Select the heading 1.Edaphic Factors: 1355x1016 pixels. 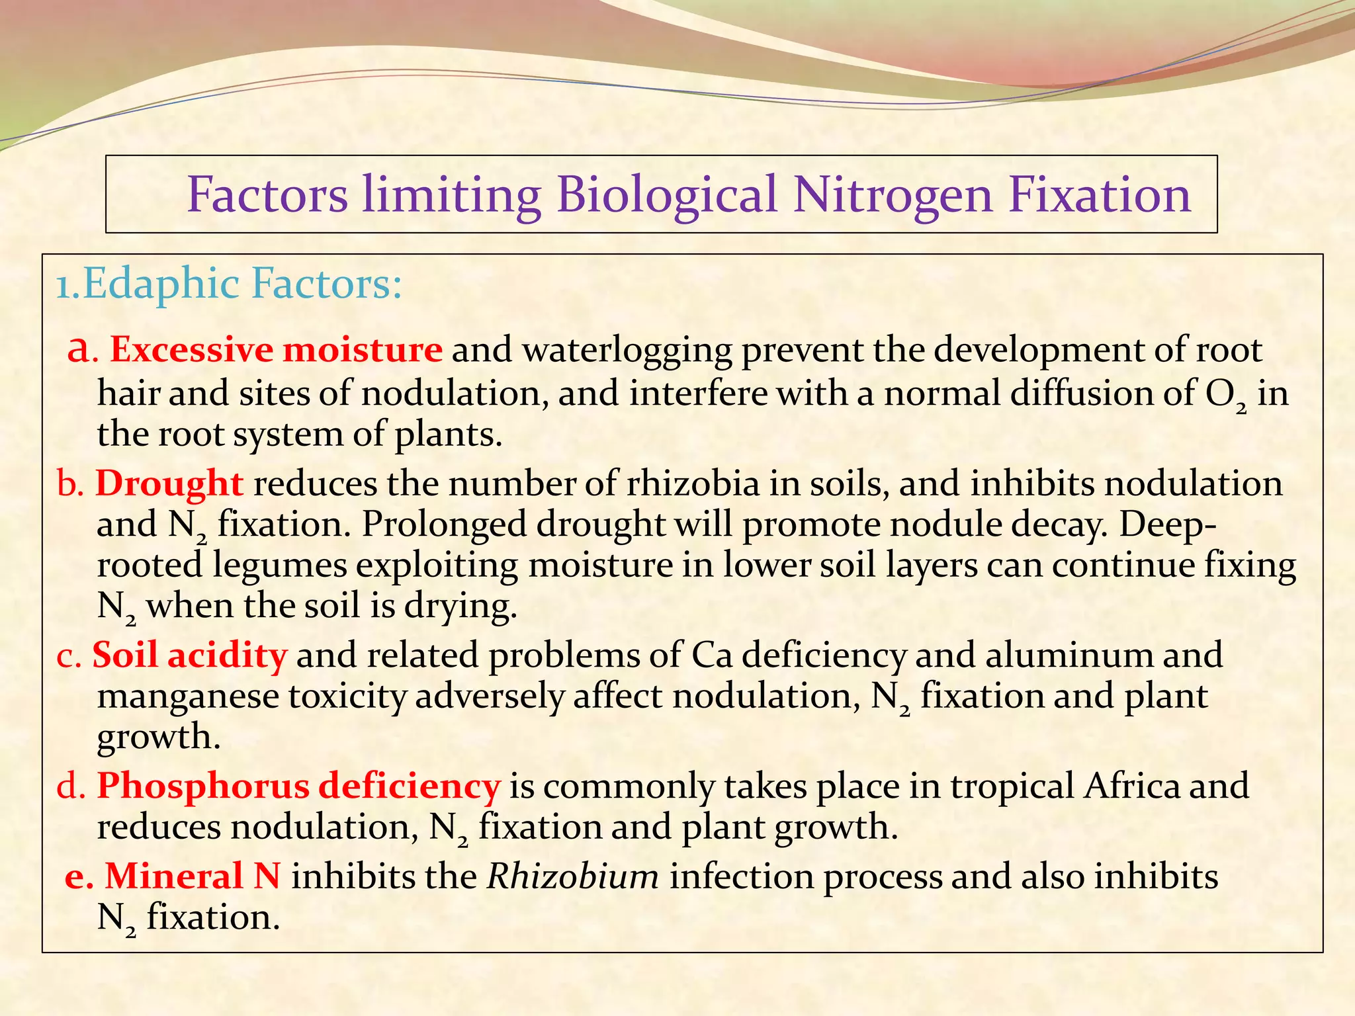coord(229,284)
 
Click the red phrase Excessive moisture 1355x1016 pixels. coord(276,349)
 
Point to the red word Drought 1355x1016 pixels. coord(169,483)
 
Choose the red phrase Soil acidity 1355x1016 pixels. coord(190,655)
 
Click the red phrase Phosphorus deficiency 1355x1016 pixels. coord(298,786)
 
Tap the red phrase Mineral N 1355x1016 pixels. coord(193,876)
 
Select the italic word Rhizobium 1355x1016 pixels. coord(573,876)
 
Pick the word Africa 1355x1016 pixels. coord(1131,786)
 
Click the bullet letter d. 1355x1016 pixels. coord(67,786)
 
